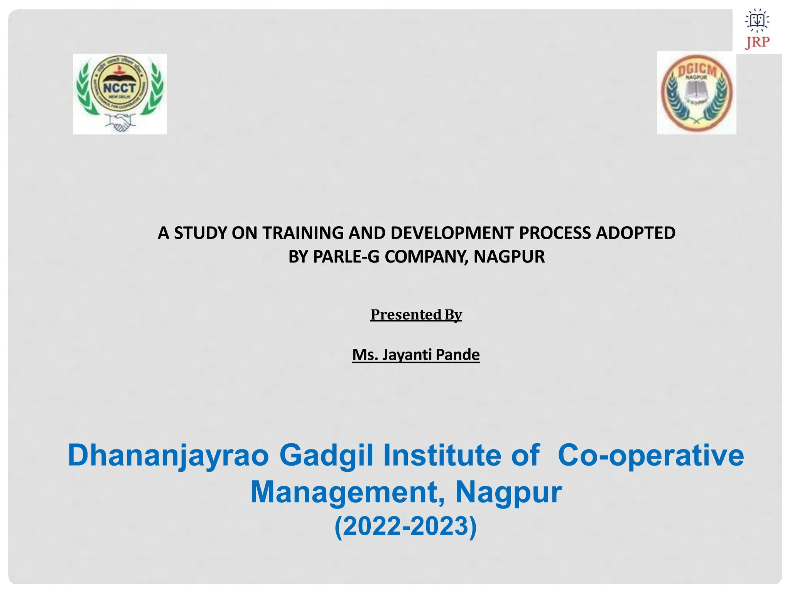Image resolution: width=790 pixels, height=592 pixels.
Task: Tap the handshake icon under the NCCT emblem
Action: pos(120,123)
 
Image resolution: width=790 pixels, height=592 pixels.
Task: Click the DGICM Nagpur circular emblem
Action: pos(696,93)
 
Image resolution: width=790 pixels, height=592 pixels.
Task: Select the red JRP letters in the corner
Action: pos(757,42)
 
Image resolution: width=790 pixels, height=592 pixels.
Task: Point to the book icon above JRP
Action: pos(757,20)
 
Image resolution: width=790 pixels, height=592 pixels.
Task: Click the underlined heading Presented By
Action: pos(416,315)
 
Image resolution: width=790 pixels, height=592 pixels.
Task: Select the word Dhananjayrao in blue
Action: pos(168,456)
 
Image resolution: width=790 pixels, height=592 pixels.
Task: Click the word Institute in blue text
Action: pos(442,456)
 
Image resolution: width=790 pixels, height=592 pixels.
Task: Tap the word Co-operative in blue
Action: pos(651,456)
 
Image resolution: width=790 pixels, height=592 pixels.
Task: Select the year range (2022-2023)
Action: pos(405,526)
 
